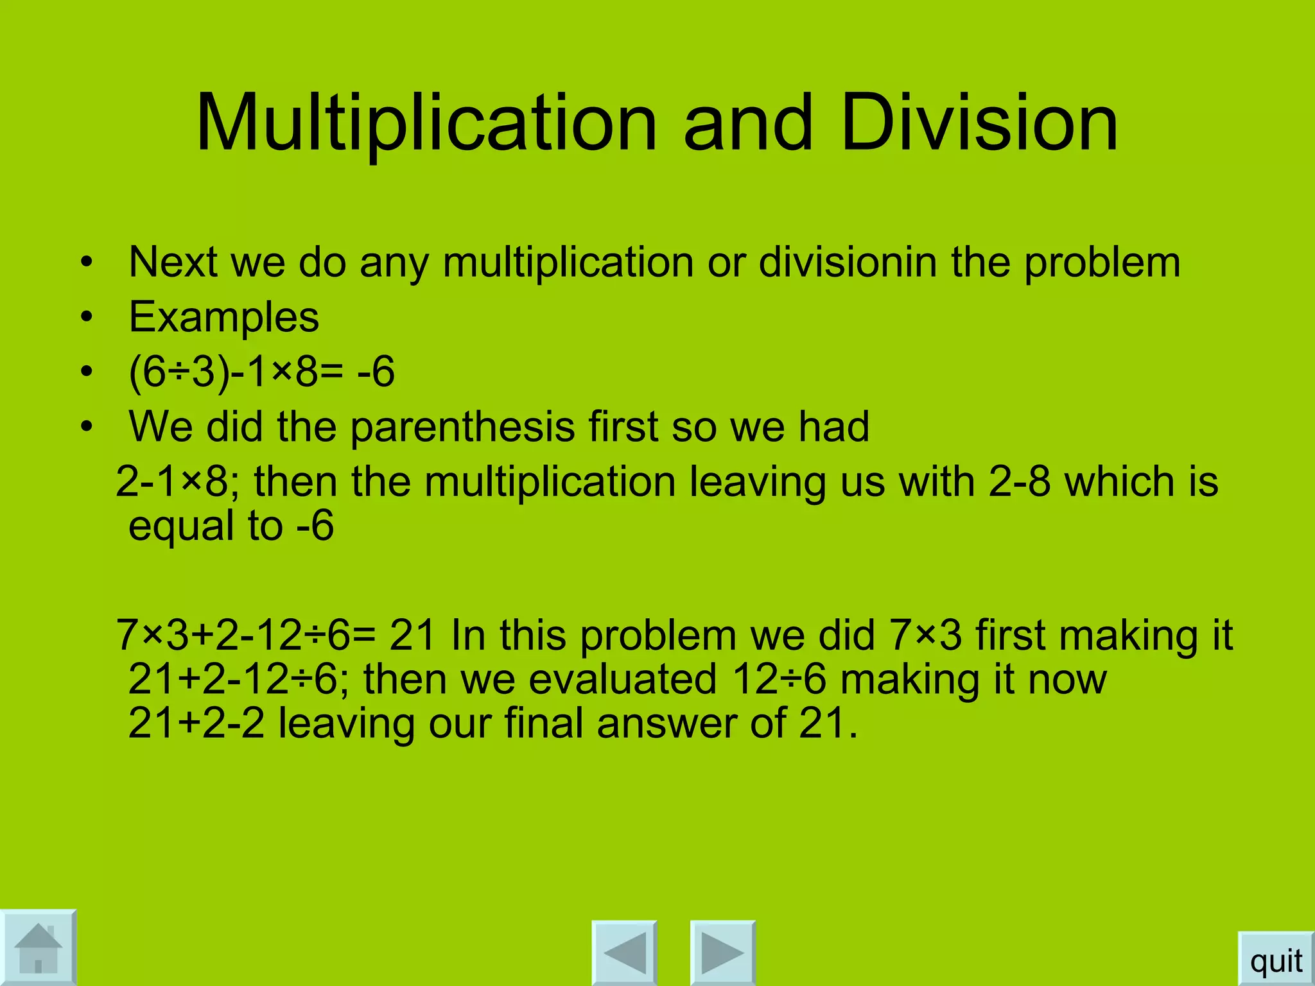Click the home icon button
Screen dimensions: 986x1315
click(x=38, y=947)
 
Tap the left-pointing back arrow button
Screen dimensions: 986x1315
click(x=624, y=953)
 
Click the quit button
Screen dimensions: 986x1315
click(x=1276, y=961)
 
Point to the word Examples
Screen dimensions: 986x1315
click(x=223, y=317)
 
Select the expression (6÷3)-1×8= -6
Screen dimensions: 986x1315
click(x=261, y=372)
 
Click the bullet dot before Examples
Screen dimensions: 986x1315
click(x=87, y=317)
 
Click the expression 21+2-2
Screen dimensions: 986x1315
click(x=196, y=723)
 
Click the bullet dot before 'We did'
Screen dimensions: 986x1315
click(x=87, y=426)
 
